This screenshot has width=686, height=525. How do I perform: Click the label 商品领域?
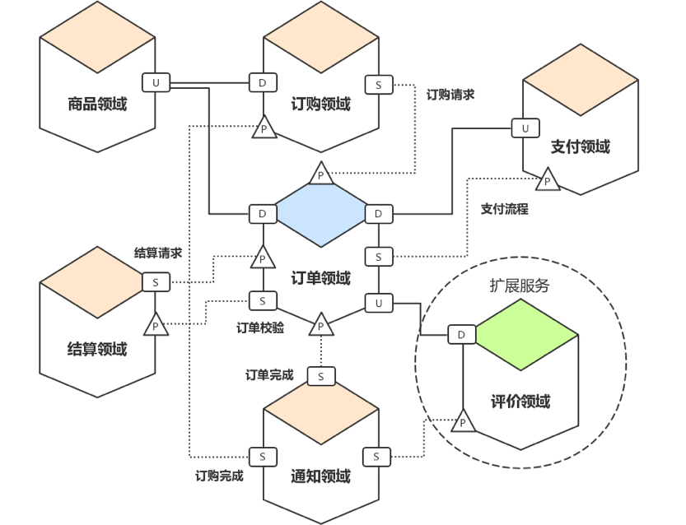click(x=97, y=105)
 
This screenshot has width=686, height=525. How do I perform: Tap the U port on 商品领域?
click(x=154, y=82)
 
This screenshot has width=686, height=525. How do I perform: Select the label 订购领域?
click(x=320, y=105)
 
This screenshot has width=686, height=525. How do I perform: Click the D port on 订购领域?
click(x=263, y=82)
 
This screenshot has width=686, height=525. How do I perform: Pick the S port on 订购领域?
click(x=378, y=84)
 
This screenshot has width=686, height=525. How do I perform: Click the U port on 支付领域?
click(x=525, y=128)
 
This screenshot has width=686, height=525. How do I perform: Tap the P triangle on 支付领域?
click(x=547, y=180)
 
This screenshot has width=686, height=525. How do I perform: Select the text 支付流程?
click(x=505, y=209)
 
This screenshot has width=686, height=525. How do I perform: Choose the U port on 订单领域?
click(x=378, y=303)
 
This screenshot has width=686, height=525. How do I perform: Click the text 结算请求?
click(x=158, y=253)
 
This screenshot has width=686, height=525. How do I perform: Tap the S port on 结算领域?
click(x=155, y=282)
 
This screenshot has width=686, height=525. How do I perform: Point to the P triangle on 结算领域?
click(x=155, y=325)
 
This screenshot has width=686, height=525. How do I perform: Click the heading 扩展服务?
click(x=519, y=286)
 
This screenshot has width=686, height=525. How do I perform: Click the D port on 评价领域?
click(x=461, y=334)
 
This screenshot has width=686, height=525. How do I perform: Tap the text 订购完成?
click(x=219, y=476)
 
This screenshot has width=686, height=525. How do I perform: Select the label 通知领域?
click(x=320, y=476)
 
